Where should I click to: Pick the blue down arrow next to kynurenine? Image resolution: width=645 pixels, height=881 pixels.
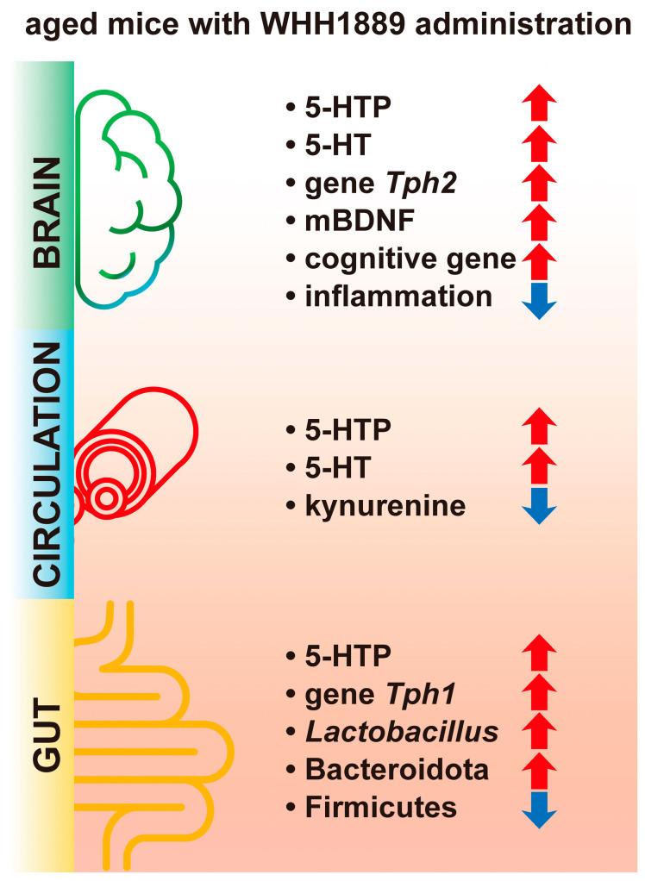(540, 505)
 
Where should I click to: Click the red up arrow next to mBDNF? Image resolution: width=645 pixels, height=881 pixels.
(540, 222)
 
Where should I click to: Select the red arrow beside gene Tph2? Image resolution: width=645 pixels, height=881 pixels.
(540, 184)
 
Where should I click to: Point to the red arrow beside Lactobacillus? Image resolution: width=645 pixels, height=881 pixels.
(540, 731)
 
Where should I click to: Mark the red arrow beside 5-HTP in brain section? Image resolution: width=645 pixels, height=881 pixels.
(540, 107)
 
